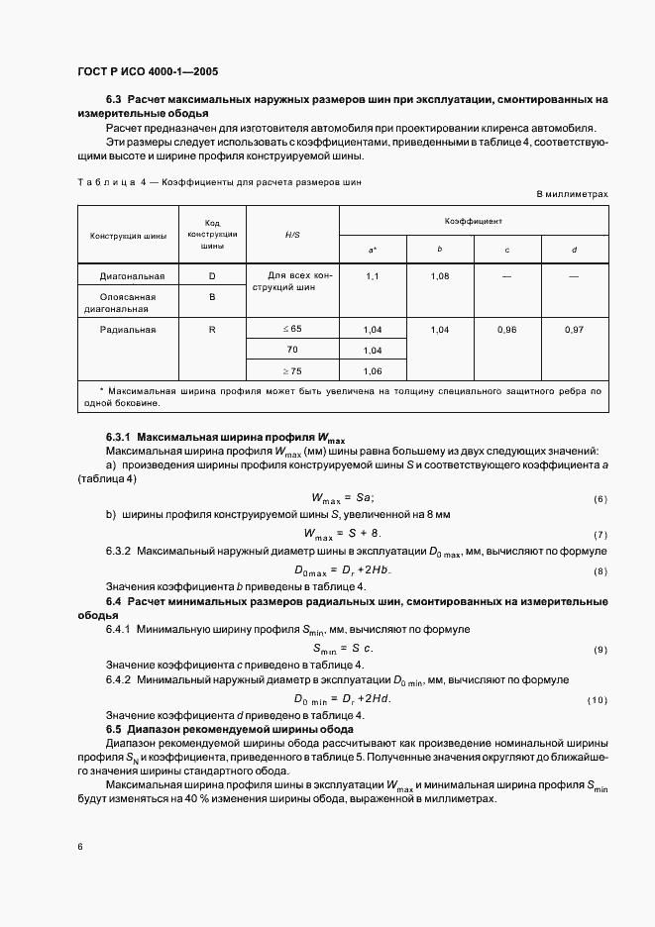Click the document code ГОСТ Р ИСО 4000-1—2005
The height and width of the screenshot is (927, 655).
148,72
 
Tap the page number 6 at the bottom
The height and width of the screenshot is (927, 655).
79,847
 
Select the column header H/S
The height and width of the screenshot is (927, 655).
293,235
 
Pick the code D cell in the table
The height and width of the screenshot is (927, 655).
212,275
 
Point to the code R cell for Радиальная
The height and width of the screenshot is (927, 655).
212,328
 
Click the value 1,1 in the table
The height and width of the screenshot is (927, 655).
373,275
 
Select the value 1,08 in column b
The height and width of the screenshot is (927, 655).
440,275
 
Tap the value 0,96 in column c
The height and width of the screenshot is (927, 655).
507,328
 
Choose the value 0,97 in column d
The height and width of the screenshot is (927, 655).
575,328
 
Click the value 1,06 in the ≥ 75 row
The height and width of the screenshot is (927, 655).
373,372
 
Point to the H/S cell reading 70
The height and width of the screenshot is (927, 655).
292,351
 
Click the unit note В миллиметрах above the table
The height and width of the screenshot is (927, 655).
573,194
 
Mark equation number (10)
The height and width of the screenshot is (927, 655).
598,701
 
